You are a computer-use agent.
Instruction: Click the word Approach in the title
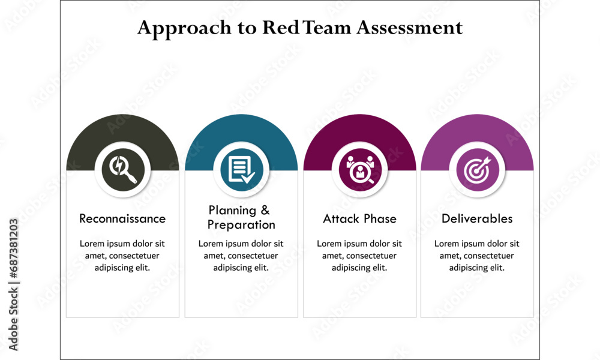coord(180,28)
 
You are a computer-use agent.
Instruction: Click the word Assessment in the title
coord(410,28)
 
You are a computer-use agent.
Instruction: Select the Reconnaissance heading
coord(122,218)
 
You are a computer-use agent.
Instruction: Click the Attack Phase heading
coord(359,218)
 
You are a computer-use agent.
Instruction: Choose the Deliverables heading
coord(477,218)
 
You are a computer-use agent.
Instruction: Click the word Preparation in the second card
coord(241,225)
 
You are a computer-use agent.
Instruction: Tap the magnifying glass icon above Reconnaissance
coord(122,170)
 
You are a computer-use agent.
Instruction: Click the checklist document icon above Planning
coord(241,170)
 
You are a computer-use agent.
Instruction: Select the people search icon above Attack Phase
coord(359,170)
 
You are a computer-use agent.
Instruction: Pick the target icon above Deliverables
coord(477,170)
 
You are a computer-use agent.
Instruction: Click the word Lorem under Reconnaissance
coord(92,244)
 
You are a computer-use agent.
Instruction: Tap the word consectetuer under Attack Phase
coord(373,256)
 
